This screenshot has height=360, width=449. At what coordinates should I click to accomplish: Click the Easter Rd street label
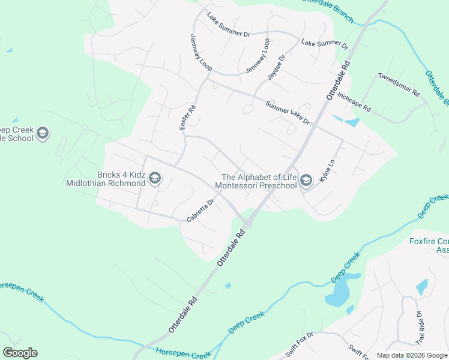click(x=188, y=118)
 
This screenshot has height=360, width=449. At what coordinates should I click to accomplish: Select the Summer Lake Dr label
click(x=288, y=113)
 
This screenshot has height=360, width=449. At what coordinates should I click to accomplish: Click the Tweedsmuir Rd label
click(x=399, y=85)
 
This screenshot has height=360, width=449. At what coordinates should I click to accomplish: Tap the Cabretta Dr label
click(x=200, y=211)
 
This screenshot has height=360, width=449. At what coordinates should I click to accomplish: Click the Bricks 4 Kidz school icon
click(x=155, y=177)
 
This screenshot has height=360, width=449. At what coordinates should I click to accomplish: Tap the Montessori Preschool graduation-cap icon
click(x=306, y=181)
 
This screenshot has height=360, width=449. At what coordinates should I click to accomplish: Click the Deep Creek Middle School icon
click(x=42, y=133)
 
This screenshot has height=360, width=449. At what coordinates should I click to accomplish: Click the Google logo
click(x=20, y=353)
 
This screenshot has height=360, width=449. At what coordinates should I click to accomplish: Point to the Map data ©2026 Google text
click(x=411, y=355)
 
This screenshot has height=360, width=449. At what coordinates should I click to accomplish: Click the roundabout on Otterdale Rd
click(x=247, y=223)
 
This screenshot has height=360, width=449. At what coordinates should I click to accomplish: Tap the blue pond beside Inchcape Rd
click(x=351, y=123)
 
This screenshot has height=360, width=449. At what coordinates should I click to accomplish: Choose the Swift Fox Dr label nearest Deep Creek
click(x=300, y=344)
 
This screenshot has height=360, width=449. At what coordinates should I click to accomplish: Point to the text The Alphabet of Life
click(x=259, y=176)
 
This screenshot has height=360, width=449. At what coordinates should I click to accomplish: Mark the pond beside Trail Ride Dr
click(x=422, y=287)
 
